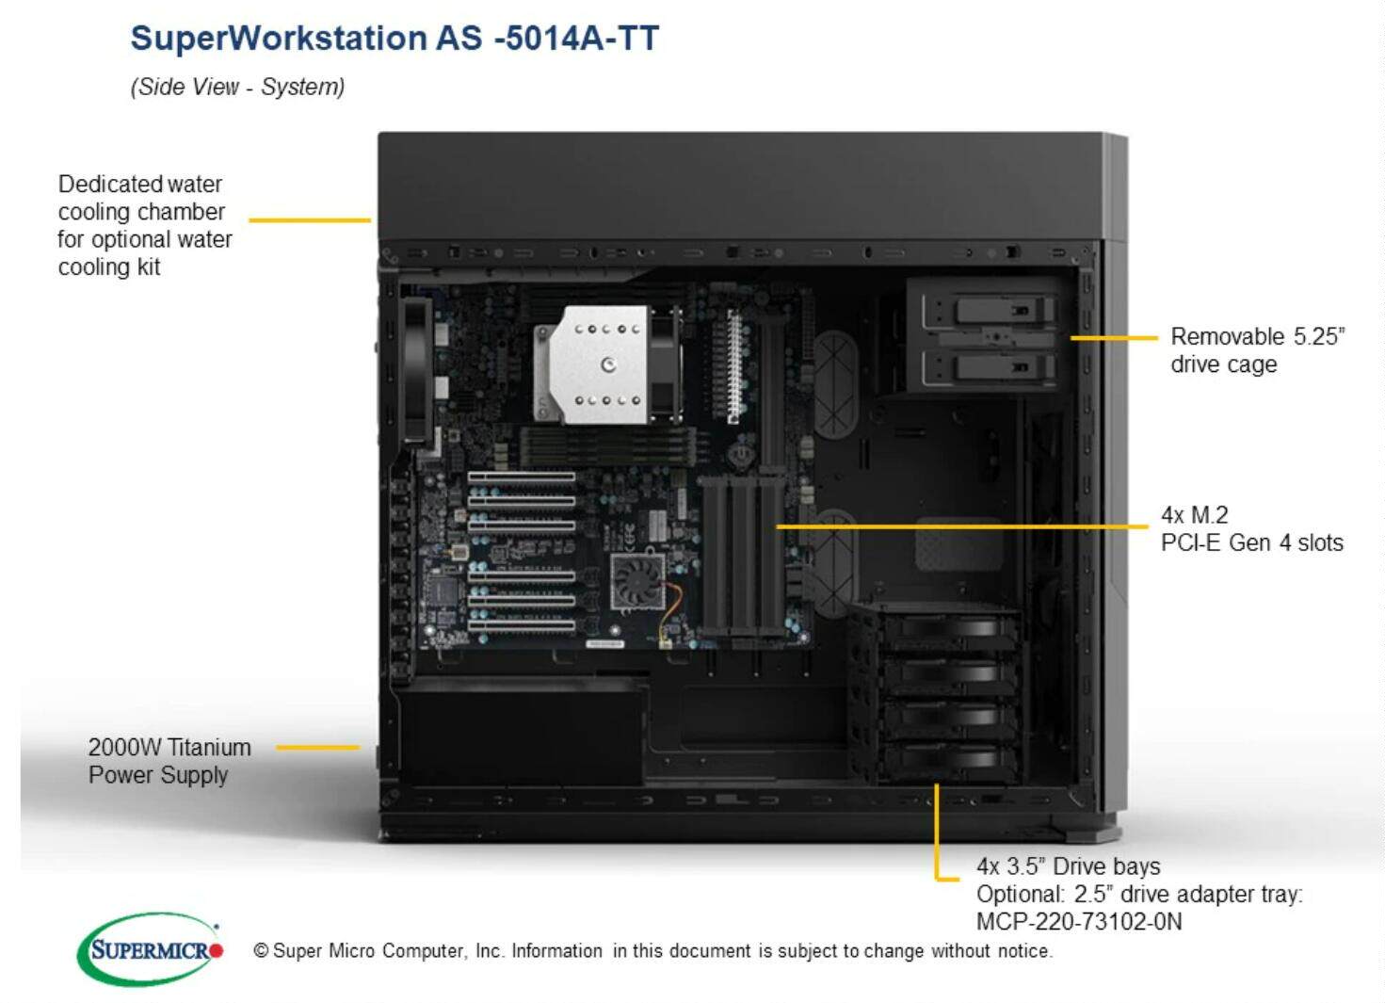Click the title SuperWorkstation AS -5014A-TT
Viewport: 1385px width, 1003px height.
click(395, 39)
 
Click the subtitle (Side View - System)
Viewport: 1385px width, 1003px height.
click(237, 87)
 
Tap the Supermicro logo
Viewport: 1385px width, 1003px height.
click(151, 949)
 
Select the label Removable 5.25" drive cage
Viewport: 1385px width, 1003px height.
click(1257, 350)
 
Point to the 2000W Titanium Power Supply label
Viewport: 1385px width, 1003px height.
click(169, 761)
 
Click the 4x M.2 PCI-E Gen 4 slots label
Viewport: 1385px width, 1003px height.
click(1251, 528)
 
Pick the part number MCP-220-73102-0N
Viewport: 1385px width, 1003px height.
click(1079, 921)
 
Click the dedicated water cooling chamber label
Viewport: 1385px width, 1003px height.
click(144, 225)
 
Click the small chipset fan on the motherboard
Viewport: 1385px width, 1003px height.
click(637, 582)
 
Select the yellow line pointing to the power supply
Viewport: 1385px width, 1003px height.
click(318, 748)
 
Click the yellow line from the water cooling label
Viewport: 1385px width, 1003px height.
click(310, 220)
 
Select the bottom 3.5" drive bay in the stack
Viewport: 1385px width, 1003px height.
click(946, 759)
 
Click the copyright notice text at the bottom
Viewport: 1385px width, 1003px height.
click(652, 951)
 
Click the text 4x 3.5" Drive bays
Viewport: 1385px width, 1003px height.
click(1068, 865)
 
